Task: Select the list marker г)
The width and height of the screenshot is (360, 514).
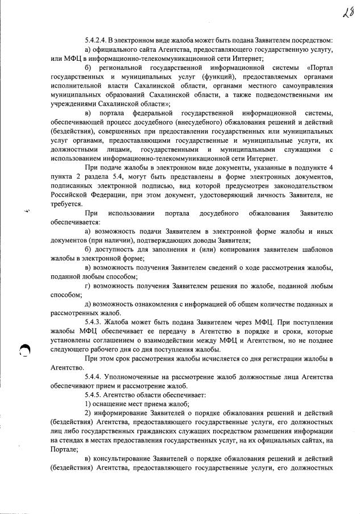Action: (x=87, y=285)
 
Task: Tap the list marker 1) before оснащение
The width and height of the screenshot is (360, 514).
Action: (x=88, y=404)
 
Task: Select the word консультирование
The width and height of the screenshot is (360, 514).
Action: (x=124, y=459)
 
